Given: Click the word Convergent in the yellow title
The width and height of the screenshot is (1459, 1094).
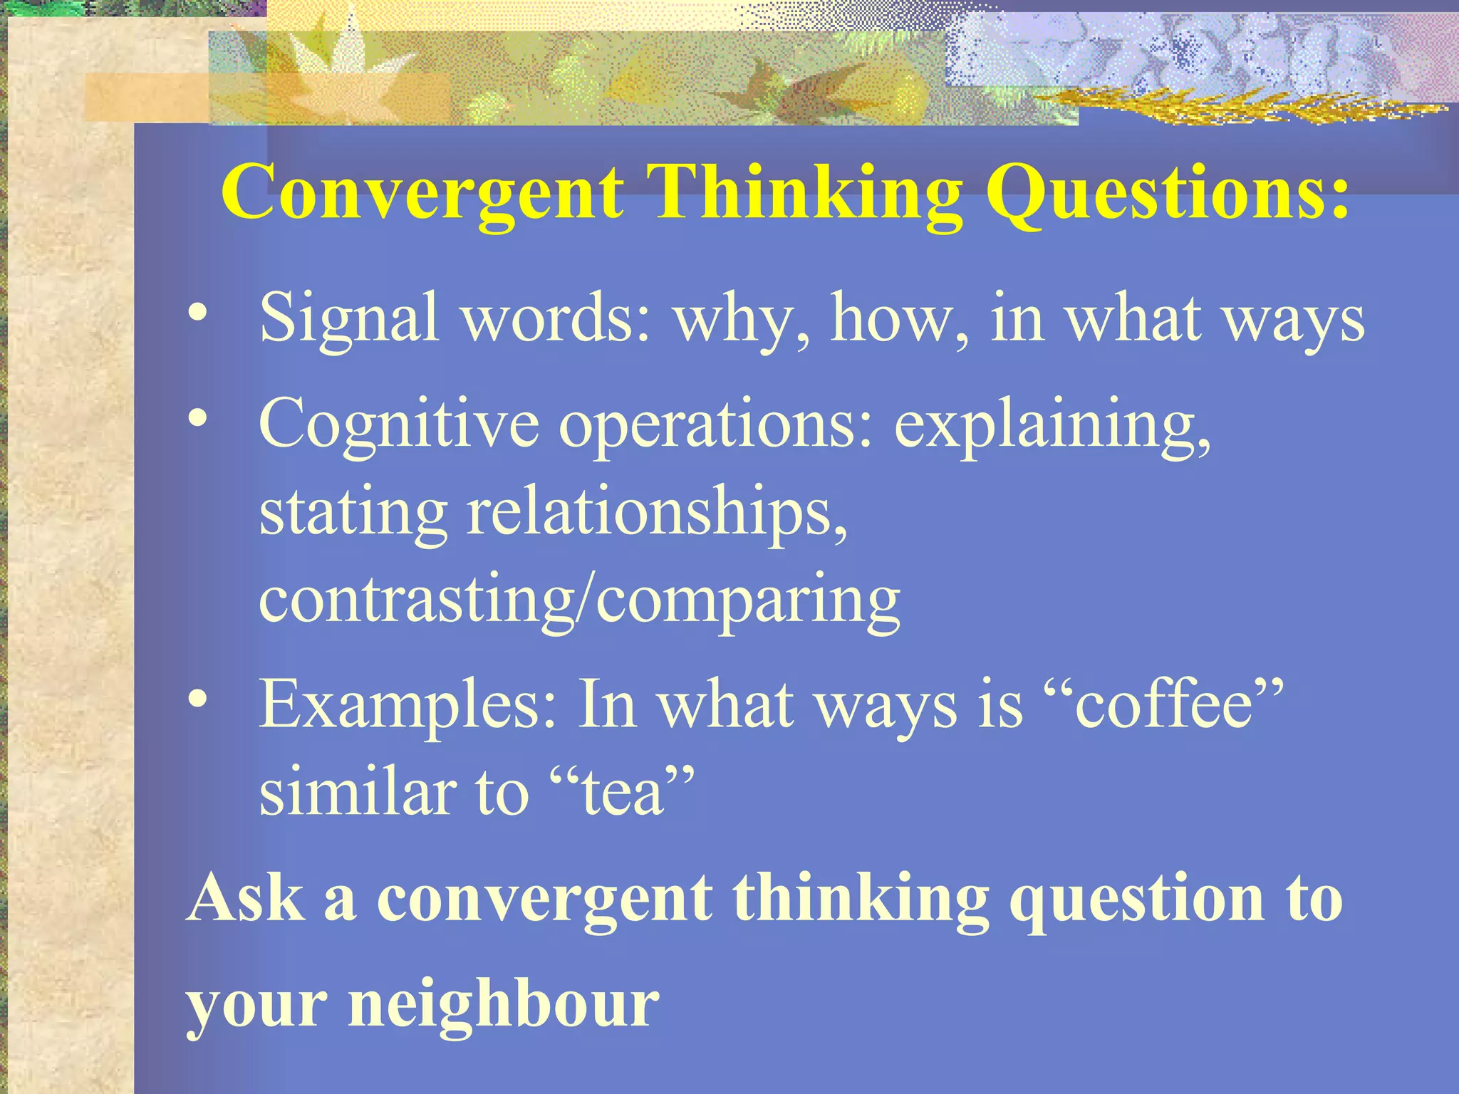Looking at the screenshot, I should coord(422,192).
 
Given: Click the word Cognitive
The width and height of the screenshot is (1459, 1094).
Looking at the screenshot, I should coord(399,424).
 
